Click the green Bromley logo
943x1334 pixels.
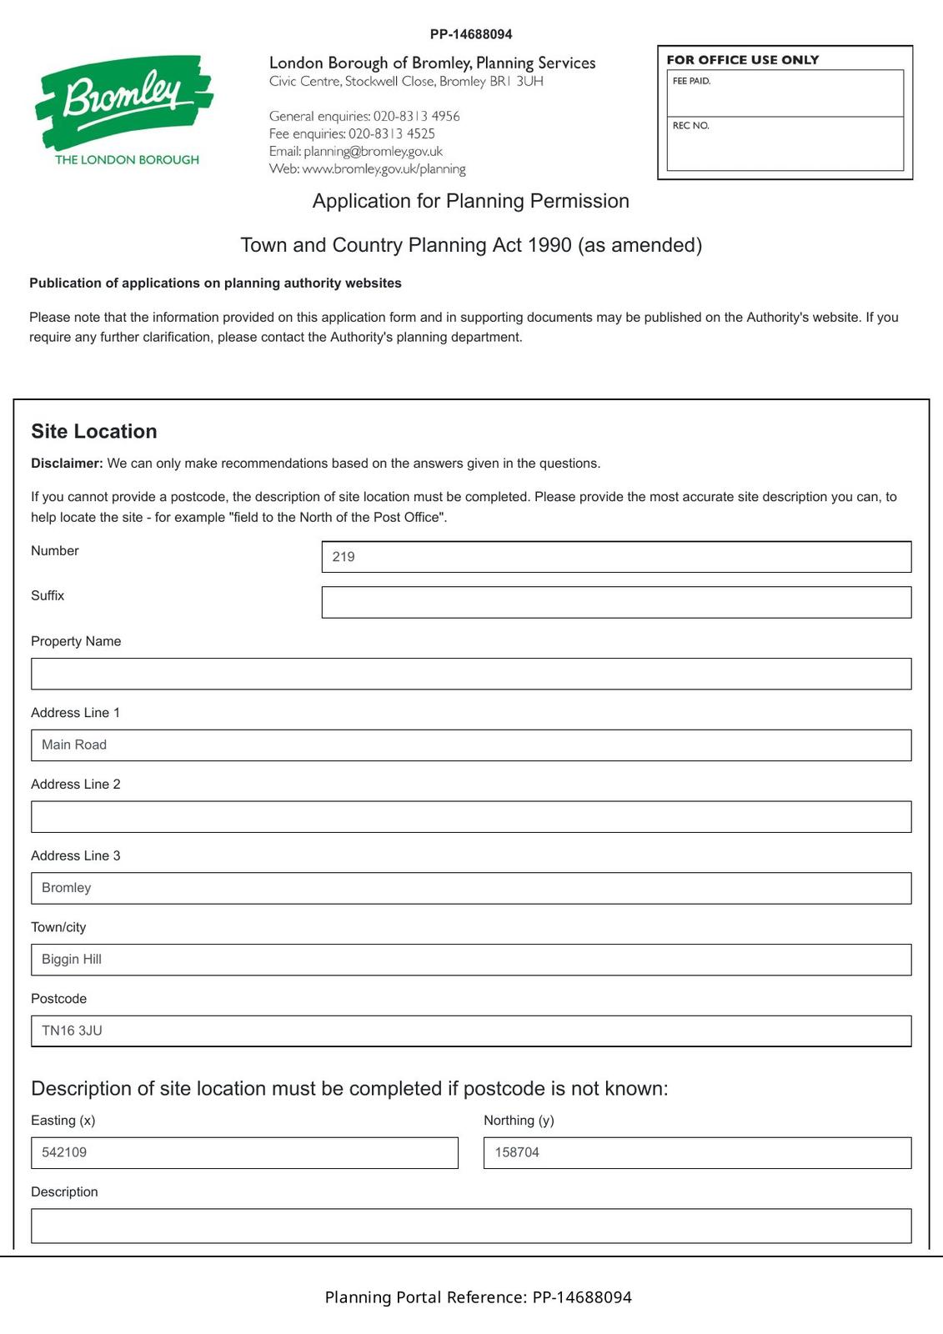click(x=123, y=108)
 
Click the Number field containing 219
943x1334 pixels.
click(x=615, y=557)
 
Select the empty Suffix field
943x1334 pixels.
click(x=615, y=602)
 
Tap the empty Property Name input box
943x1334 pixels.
click(x=470, y=674)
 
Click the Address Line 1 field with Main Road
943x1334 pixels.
click(x=470, y=745)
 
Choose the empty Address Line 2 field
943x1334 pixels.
click(x=470, y=816)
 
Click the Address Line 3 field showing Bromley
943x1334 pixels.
click(x=470, y=888)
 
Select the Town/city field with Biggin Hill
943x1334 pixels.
click(x=470, y=960)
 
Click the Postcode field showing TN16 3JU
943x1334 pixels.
click(x=470, y=1031)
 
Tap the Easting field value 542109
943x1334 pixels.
click(x=243, y=1153)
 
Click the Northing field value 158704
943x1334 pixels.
click(x=696, y=1153)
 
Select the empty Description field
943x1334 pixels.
click(x=470, y=1226)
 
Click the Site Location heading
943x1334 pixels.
click(x=94, y=431)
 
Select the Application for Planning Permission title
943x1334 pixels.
click(x=470, y=201)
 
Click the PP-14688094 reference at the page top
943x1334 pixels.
click(x=471, y=34)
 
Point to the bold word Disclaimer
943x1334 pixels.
click(x=67, y=464)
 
